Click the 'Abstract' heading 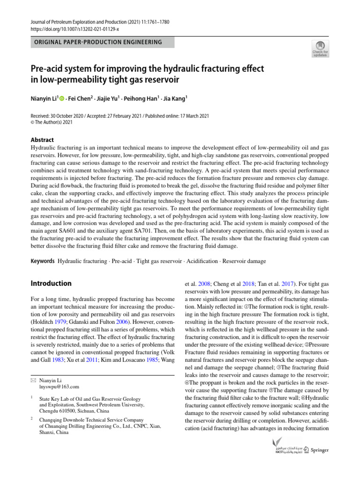[42, 140]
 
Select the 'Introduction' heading [51, 284]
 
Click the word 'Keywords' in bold [42, 261]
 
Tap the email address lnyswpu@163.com [60, 387]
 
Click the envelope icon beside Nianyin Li [33, 380]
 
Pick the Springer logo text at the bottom [319, 450]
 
